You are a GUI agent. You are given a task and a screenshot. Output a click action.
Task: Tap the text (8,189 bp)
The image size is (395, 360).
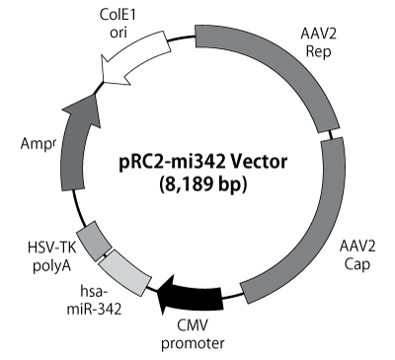point(198,184)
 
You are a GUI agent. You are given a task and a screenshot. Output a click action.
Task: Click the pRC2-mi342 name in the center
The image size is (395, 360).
point(169,162)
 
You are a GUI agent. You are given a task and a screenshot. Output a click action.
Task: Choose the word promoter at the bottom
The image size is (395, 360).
point(197,343)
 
